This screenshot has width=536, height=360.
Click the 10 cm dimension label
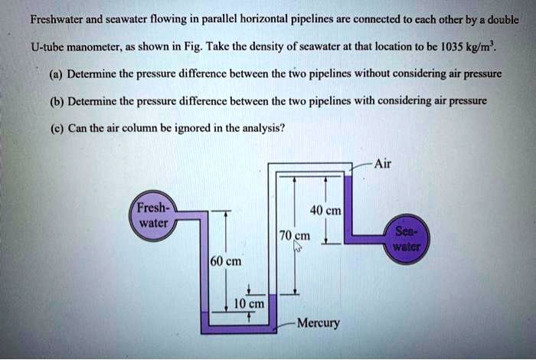(x=248, y=303)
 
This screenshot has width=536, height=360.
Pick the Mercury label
(x=318, y=322)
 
